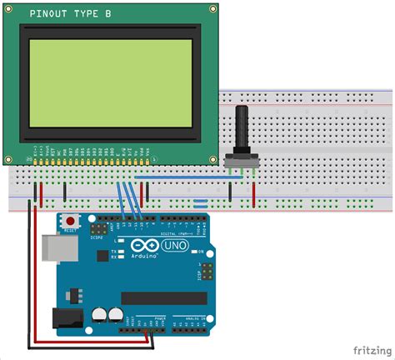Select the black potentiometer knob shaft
243,125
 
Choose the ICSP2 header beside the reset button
98,227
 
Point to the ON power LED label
200,251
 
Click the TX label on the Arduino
122,251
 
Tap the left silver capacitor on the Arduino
99,315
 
